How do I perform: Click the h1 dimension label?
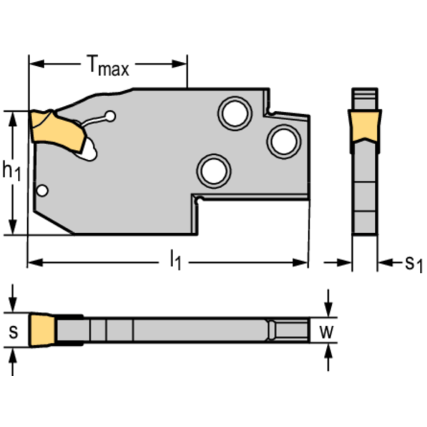[11, 171]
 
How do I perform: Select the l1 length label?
[175, 260]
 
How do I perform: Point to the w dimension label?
[328, 332]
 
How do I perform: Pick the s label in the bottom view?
[14, 332]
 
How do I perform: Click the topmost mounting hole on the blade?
[235, 113]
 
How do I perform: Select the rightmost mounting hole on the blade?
[283, 140]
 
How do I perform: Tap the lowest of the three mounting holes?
[214, 170]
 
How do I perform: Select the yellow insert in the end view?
[365, 125]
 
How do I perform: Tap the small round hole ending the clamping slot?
[111, 116]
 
